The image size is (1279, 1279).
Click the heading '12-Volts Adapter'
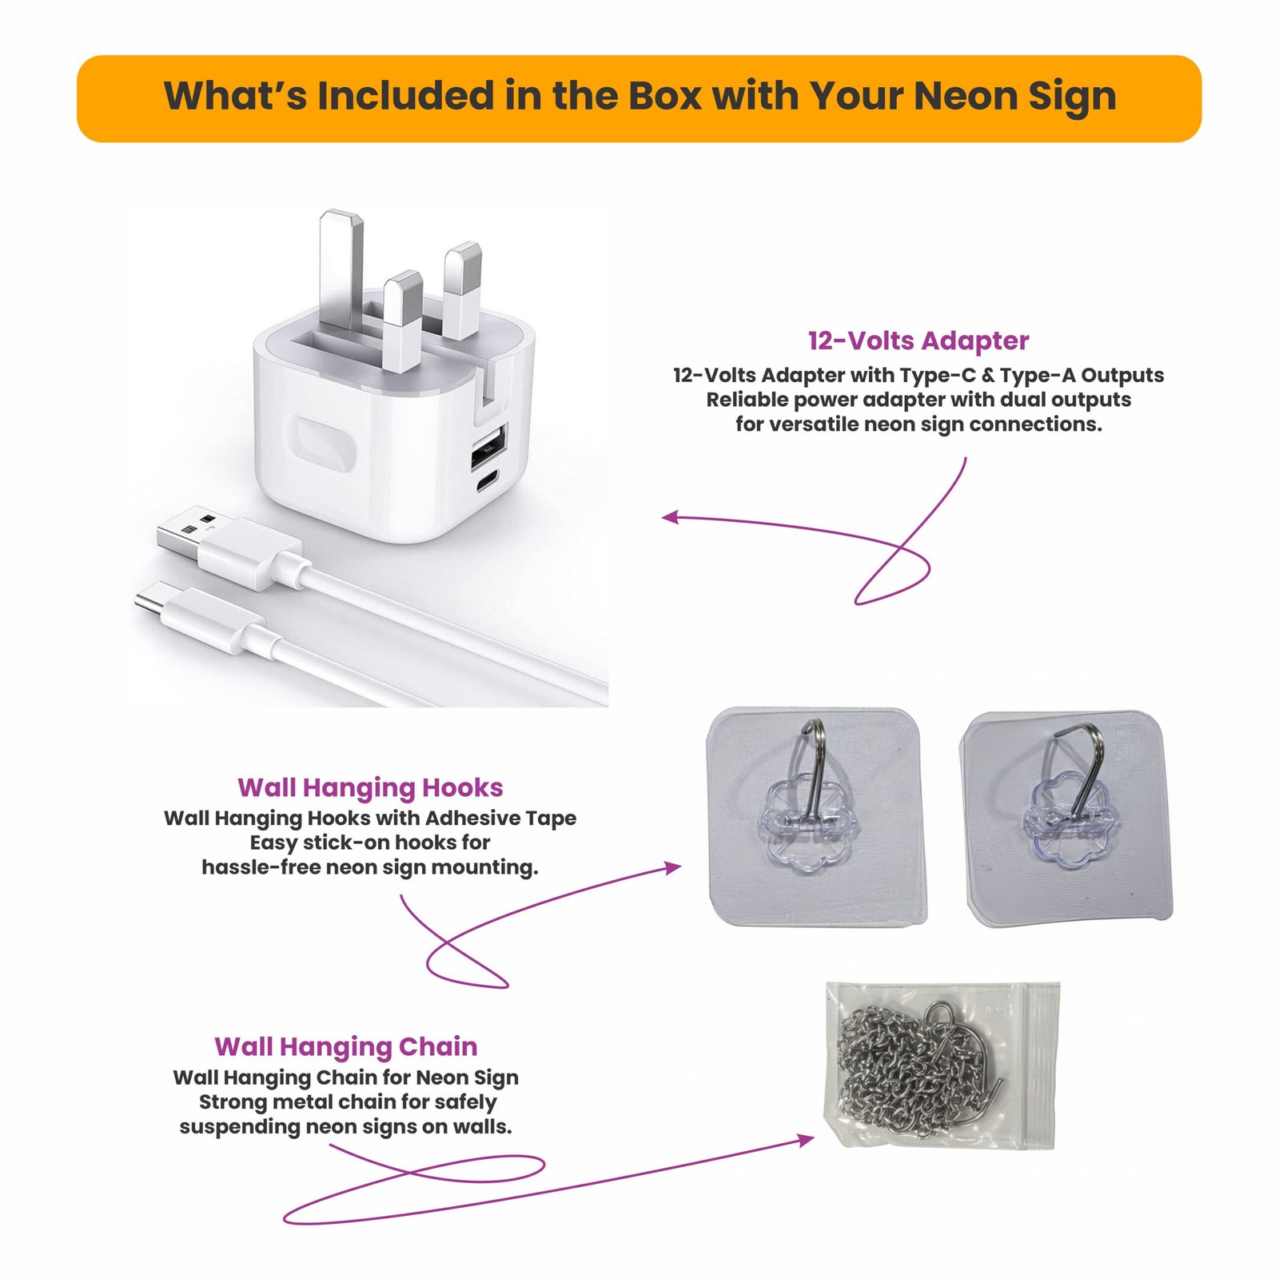coord(918,341)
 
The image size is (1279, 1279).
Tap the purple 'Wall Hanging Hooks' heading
coord(370,788)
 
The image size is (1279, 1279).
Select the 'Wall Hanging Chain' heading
coord(346,1047)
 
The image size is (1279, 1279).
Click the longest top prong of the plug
coord(341,272)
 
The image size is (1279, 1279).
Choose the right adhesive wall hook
coord(1068,819)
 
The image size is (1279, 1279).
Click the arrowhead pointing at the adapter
coord(671,517)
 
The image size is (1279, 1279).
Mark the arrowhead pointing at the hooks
coord(672,867)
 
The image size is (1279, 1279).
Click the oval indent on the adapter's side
coord(324,448)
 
